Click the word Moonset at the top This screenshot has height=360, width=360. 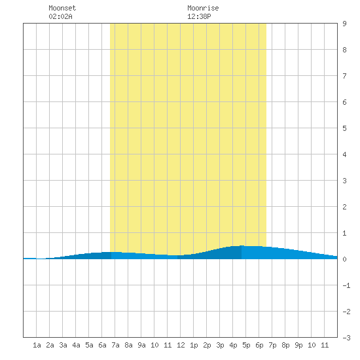coord(62,8)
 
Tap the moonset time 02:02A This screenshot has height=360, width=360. coord(60,16)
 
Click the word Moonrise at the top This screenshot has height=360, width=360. coord(203,8)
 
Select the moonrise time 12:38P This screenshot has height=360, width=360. coord(199,16)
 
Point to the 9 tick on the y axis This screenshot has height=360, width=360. coord(344,24)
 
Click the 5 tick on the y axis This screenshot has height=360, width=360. coord(344,128)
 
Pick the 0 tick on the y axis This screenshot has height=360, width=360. coord(344,259)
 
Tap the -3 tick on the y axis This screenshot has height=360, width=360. coord(346,338)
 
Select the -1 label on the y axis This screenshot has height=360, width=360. coord(346,285)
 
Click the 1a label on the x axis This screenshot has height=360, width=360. coord(37,345)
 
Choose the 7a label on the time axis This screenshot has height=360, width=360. coord(115,345)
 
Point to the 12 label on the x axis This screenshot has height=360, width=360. coord(181,345)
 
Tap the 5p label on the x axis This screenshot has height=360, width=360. coord(246,345)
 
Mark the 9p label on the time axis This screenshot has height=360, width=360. coord(298,345)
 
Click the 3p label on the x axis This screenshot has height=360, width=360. coord(220,345)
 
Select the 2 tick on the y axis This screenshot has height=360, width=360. coord(344,207)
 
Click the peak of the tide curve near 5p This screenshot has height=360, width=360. coord(242,245)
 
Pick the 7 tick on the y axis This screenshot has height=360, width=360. coord(344,76)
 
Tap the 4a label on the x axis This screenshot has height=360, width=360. coord(76,345)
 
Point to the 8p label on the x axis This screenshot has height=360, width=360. coord(285,345)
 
